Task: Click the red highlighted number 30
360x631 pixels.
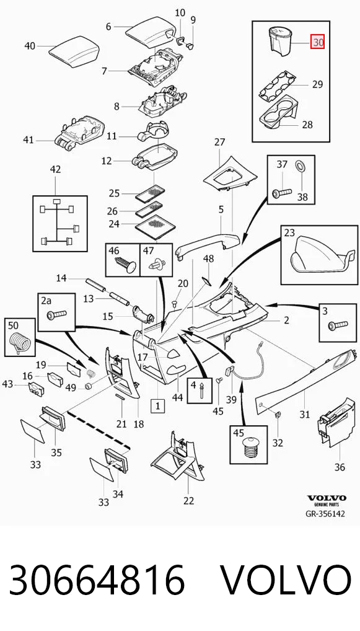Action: [318, 42]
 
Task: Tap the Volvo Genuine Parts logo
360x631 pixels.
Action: [327, 500]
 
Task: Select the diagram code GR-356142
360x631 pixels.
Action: [325, 513]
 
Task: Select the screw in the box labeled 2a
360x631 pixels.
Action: [57, 313]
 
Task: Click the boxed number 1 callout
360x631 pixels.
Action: [157, 406]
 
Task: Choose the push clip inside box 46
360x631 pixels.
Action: [126, 265]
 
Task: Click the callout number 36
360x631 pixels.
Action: [340, 467]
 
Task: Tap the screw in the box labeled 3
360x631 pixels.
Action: [338, 324]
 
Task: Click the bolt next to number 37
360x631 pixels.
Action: [281, 193]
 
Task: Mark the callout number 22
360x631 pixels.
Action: [188, 501]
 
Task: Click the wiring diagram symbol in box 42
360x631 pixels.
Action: [59, 223]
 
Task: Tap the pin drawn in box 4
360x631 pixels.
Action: [201, 391]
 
